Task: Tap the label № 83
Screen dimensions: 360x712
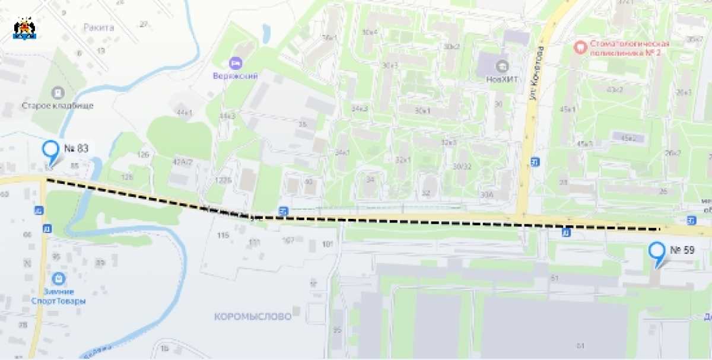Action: tap(76, 148)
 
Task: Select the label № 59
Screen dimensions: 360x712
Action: tap(682, 250)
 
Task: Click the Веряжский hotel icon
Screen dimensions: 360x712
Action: tap(236, 63)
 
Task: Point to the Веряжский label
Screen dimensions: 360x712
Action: tap(236, 76)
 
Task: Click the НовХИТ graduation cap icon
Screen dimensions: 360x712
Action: tap(502, 65)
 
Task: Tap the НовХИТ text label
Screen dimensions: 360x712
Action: tap(502, 77)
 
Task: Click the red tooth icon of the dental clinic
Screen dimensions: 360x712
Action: tap(577, 45)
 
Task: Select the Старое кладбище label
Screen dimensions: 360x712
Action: tap(58, 106)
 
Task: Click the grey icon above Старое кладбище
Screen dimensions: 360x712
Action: tap(58, 93)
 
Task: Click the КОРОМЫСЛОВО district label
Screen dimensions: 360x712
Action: tap(253, 317)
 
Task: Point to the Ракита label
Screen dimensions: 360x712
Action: tap(98, 27)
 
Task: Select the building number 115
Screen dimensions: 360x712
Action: tap(223, 235)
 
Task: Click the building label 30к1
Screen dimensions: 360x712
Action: tap(422, 111)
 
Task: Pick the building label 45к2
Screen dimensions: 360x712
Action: tap(628, 138)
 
